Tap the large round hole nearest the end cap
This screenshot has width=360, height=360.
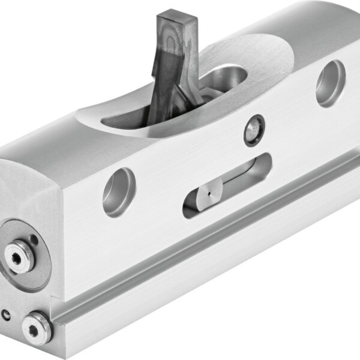(119, 191)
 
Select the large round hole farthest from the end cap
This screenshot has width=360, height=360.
(330, 83)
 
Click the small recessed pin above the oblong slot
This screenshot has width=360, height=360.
(254, 130)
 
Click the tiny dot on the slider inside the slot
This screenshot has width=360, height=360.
(207, 194)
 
